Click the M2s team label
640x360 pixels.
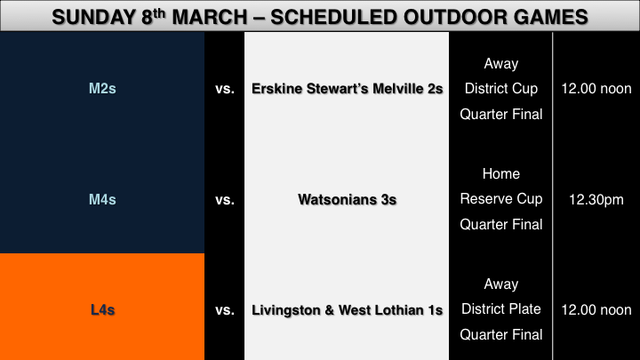click(x=102, y=89)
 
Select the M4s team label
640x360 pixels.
click(x=102, y=200)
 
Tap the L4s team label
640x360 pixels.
click(x=102, y=310)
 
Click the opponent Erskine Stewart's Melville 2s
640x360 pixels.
click(x=347, y=89)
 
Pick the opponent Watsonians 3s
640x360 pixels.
click(x=347, y=200)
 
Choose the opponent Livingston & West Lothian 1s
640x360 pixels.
click(x=347, y=310)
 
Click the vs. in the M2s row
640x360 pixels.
click(x=225, y=89)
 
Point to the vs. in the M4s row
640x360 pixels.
click(x=225, y=200)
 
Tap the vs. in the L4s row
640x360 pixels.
click(x=225, y=310)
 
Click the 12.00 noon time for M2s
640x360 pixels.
click(x=596, y=89)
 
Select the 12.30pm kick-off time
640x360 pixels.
click(x=596, y=200)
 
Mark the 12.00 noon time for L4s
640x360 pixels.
click(x=596, y=310)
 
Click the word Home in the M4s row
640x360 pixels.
click(x=501, y=174)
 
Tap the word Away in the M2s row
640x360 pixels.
click(x=501, y=64)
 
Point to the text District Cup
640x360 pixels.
click(x=501, y=89)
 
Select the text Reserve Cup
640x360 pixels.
click(x=501, y=199)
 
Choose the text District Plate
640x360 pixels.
click(x=501, y=309)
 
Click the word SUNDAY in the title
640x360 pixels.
click(x=93, y=18)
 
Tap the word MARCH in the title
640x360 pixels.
click(x=210, y=18)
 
